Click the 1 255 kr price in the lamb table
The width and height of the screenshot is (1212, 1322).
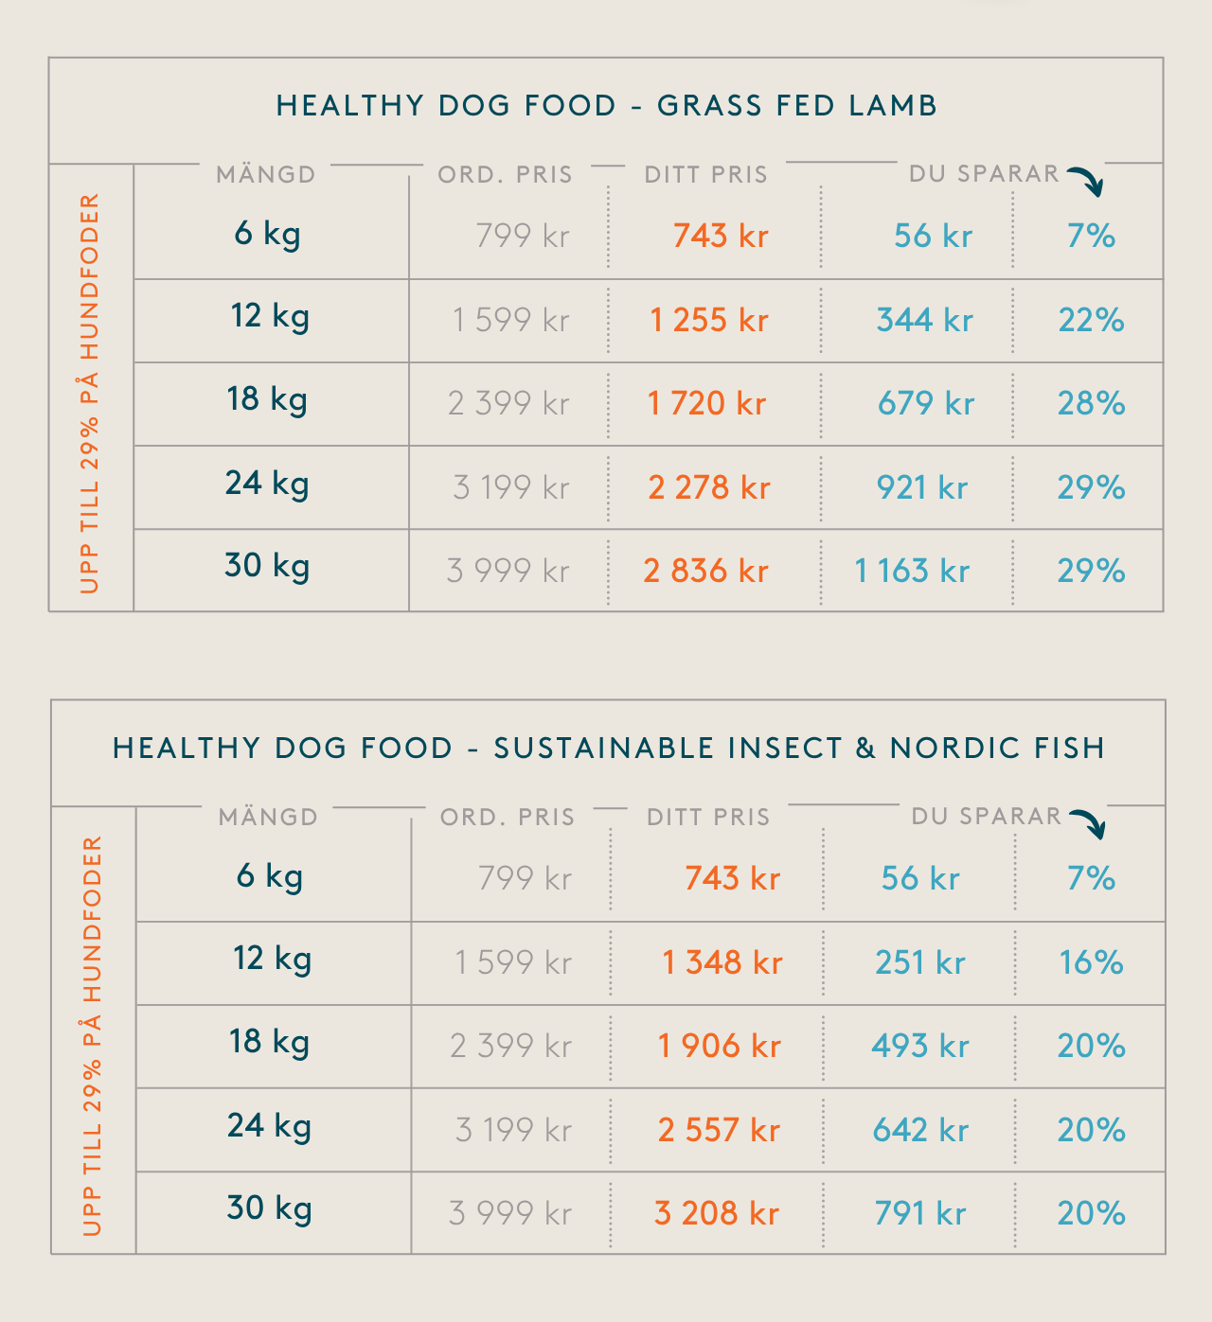708,320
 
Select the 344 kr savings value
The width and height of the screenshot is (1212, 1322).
924,320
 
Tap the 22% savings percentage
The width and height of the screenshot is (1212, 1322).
1091,320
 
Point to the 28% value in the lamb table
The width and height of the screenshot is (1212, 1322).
1091,403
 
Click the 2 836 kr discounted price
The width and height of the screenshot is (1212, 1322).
705,571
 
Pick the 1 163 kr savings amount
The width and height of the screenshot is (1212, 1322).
912,571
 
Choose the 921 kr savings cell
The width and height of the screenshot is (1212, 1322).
922,487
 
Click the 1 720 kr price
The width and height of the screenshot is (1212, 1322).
706,403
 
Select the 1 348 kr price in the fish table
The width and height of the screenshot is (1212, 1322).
722,962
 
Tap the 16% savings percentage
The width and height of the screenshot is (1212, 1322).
1091,962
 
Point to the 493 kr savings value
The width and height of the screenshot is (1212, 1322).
920,1046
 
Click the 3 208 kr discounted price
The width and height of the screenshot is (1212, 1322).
716,1212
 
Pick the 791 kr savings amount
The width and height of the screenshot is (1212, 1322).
920,1212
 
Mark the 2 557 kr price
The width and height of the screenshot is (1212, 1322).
719,1129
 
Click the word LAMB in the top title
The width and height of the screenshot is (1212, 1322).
893,105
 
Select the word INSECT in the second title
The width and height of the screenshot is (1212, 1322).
785,748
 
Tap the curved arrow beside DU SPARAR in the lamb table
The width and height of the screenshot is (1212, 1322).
1087,180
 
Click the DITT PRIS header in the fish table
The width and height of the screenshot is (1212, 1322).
708,817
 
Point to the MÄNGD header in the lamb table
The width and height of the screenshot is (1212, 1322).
266,174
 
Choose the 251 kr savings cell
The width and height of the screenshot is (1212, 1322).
920,962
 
